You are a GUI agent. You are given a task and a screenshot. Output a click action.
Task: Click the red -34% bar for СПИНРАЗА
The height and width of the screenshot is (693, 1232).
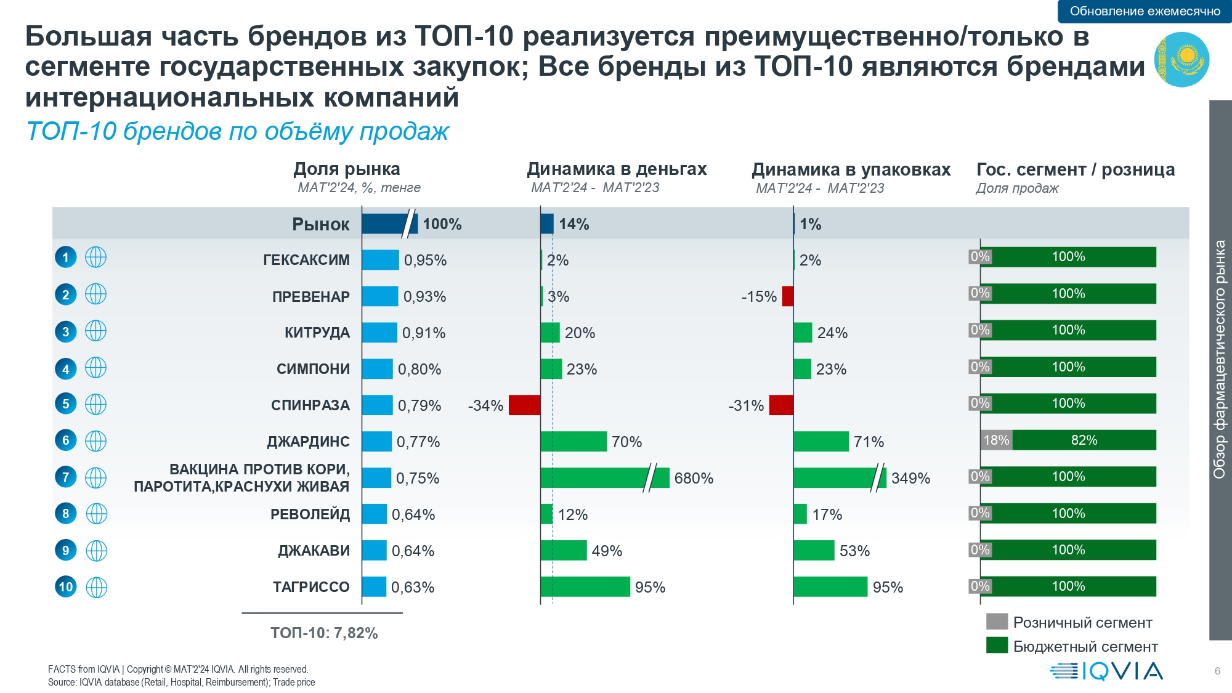click(524, 405)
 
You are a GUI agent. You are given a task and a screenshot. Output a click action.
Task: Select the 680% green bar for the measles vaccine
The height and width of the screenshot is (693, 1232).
click(604, 478)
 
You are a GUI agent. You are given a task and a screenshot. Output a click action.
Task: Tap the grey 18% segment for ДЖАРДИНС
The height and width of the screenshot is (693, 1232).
click(996, 440)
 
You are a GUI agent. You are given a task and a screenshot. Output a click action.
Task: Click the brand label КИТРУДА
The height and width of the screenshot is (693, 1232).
click(317, 333)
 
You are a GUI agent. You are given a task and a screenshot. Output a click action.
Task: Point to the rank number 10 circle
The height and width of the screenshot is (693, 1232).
click(66, 586)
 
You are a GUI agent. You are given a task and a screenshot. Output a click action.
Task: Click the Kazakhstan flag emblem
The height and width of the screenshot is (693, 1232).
click(1181, 60)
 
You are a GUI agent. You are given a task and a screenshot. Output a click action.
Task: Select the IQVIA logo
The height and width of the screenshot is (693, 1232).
click(1106, 671)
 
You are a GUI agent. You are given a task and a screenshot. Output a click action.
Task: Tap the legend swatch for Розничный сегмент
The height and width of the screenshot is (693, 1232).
click(997, 622)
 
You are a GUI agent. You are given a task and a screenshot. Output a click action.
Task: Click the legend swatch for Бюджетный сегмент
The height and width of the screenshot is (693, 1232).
click(997, 646)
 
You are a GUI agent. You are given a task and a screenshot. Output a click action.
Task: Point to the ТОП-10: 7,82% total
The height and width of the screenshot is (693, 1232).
click(324, 633)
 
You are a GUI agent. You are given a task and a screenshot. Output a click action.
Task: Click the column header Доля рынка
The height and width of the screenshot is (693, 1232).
click(346, 169)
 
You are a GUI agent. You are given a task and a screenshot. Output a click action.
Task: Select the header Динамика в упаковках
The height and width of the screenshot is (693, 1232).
click(851, 169)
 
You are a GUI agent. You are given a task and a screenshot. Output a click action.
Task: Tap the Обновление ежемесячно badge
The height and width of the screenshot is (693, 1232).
click(1145, 11)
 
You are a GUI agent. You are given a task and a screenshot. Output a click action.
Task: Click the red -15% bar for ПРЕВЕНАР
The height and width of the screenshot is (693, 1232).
click(787, 296)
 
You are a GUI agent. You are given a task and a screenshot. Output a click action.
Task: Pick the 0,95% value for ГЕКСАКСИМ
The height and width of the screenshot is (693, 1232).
click(425, 260)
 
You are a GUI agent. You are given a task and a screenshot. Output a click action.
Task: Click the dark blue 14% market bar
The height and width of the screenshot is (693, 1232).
click(546, 224)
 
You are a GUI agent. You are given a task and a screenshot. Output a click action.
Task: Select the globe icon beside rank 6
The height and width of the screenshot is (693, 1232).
click(95, 440)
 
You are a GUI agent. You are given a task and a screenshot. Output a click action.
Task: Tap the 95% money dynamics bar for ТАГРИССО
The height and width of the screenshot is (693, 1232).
click(585, 587)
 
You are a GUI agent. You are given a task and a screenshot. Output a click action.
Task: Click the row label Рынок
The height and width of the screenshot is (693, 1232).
click(320, 224)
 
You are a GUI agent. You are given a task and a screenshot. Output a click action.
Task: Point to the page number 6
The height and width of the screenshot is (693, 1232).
click(1217, 671)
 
